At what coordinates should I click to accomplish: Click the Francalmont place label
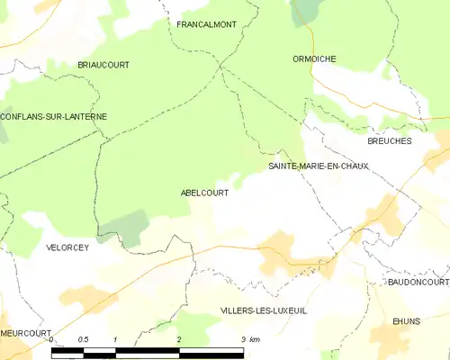tap(206, 24)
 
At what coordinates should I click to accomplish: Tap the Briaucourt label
tap(103, 66)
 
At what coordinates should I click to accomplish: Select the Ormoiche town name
tap(314, 58)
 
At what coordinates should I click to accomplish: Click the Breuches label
tap(389, 141)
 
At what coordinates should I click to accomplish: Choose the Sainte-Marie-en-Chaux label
tap(319, 166)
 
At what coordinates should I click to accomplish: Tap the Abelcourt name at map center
tap(204, 193)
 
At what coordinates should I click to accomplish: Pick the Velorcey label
tap(67, 247)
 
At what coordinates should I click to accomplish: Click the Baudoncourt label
tap(418, 282)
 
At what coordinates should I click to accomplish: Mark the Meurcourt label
tap(25, 332)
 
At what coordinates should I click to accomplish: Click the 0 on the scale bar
tap(51, 339)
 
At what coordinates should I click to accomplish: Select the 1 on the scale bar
tap(116, 339)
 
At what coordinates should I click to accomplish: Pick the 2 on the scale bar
tap(179, 339)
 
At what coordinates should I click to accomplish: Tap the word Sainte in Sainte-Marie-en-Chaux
tap(285, 166)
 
